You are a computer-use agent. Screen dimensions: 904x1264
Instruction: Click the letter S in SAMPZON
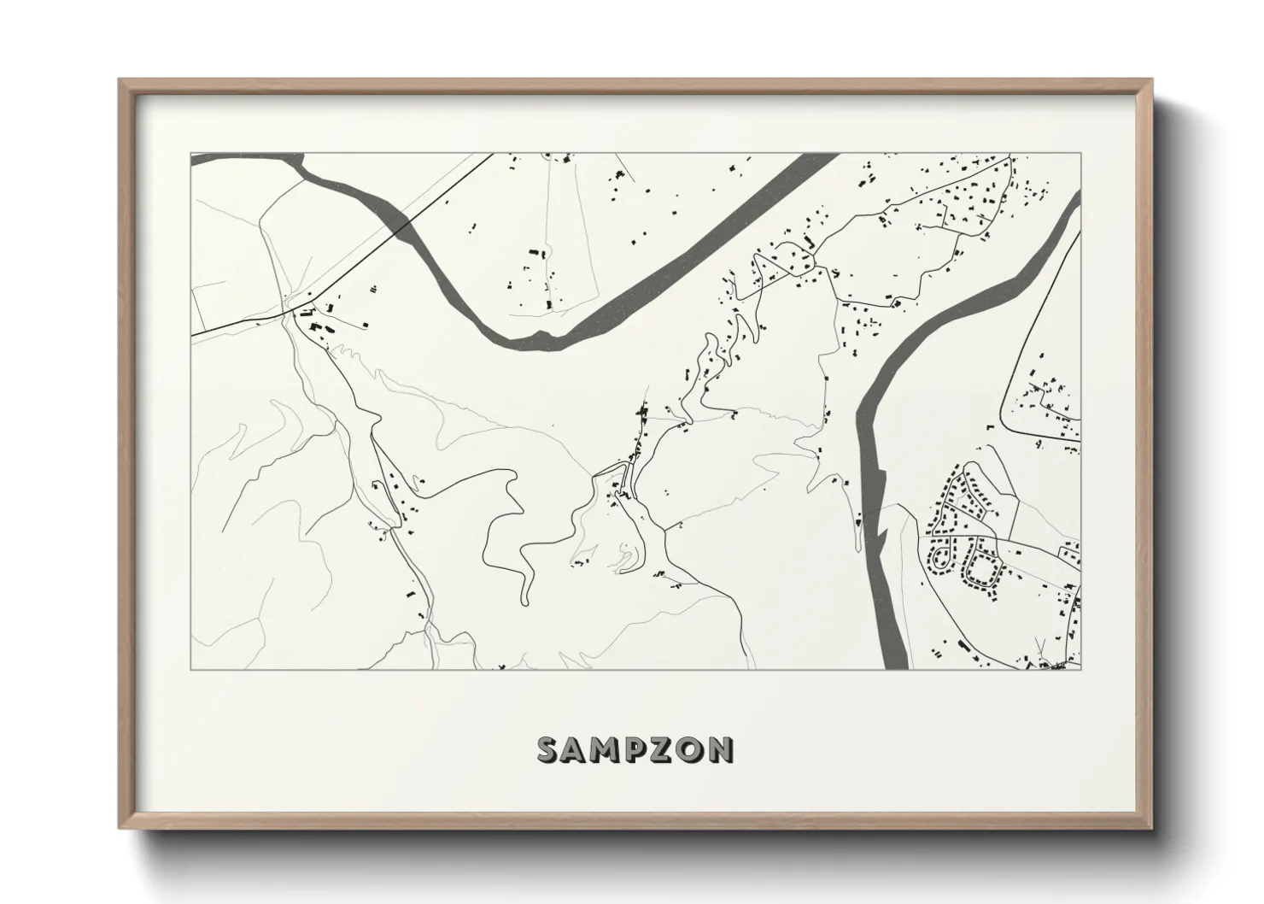[x=548, y=749]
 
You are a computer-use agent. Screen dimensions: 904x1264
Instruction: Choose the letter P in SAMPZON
[x=635, y=749]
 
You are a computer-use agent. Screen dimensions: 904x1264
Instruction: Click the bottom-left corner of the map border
[x=191, y=669]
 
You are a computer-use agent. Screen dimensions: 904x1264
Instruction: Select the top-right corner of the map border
[x=1081, y=154]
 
